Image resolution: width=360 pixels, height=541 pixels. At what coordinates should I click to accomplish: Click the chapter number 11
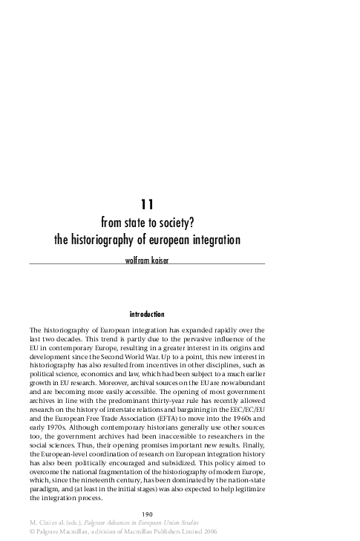coord(146,203)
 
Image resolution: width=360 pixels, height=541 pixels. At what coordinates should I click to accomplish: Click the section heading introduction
coord(146,315)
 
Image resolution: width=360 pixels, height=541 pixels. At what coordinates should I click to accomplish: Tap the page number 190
coord(147,514)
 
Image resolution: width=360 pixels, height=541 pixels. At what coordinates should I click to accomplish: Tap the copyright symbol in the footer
coord(32,532)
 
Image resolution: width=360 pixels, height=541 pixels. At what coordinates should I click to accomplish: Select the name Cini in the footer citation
coord(46,523)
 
